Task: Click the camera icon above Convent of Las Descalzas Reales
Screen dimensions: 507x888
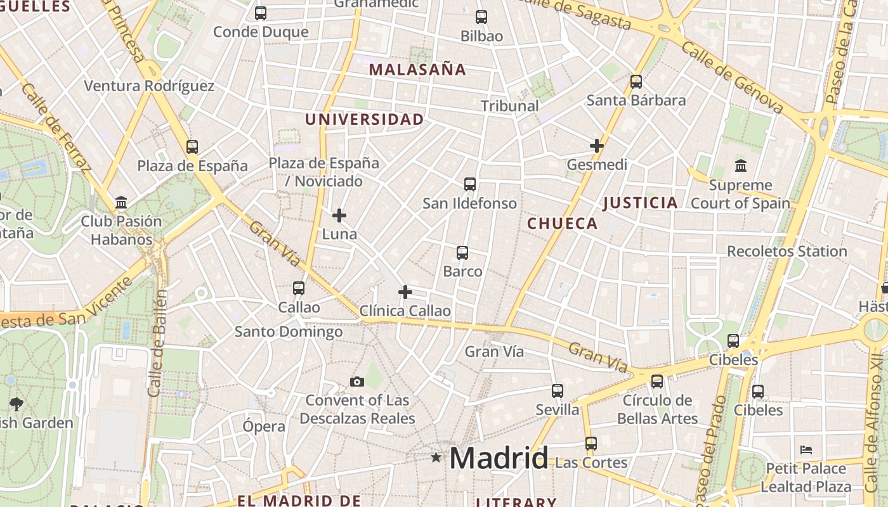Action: (x=357, y=382)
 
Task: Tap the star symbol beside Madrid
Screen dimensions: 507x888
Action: (x=436, y=457)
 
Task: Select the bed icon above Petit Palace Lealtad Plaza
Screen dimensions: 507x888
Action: (x=806, y=450)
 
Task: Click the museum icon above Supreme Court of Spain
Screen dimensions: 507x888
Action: (x=740, y=166)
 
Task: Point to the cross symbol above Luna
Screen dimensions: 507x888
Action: (x=339, y=215)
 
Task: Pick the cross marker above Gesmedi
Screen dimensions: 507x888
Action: (x=597, y=146)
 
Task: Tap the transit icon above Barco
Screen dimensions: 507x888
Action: (x=462, y=253)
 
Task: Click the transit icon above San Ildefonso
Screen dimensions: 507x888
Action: (x=470, y=184)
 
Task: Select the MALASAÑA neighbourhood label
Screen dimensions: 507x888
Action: (x=417, y=70)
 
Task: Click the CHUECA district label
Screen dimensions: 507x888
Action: (x=562, y=223)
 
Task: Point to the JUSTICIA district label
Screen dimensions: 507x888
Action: (x=640, y=203)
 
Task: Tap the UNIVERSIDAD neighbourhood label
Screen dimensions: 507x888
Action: (x=364, y=119)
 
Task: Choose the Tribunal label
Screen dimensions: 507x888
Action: (x=510, y=106)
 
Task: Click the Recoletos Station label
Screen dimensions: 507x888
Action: (x=787, y=251)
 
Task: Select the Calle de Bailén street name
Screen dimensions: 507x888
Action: (x=157, y=342)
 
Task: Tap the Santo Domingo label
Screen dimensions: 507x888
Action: (x=289, y=331)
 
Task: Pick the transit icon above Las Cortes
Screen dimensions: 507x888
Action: (x=591, y=444)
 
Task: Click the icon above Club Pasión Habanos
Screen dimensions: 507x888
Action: (x=121, y=203)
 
